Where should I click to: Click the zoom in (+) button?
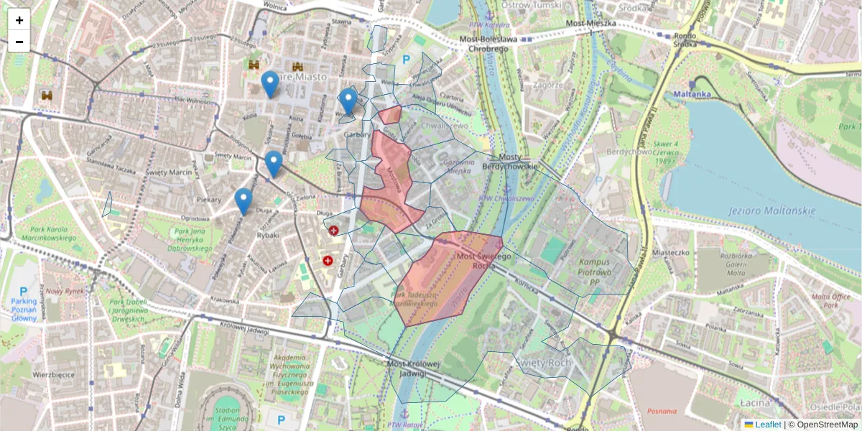pyautogui.click(x=19, y=19)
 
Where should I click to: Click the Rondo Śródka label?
pyautogui.click(x=685, y=39)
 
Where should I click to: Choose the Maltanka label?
pyautogui.click(x=692, y=94)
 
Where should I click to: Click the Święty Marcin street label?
pyautogui.click(x=166, y=172)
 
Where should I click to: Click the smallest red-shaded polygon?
pyautogui.click(x=390, y=115)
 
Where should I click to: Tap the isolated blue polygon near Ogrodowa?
pyautogui.click(x=108, y=205)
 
